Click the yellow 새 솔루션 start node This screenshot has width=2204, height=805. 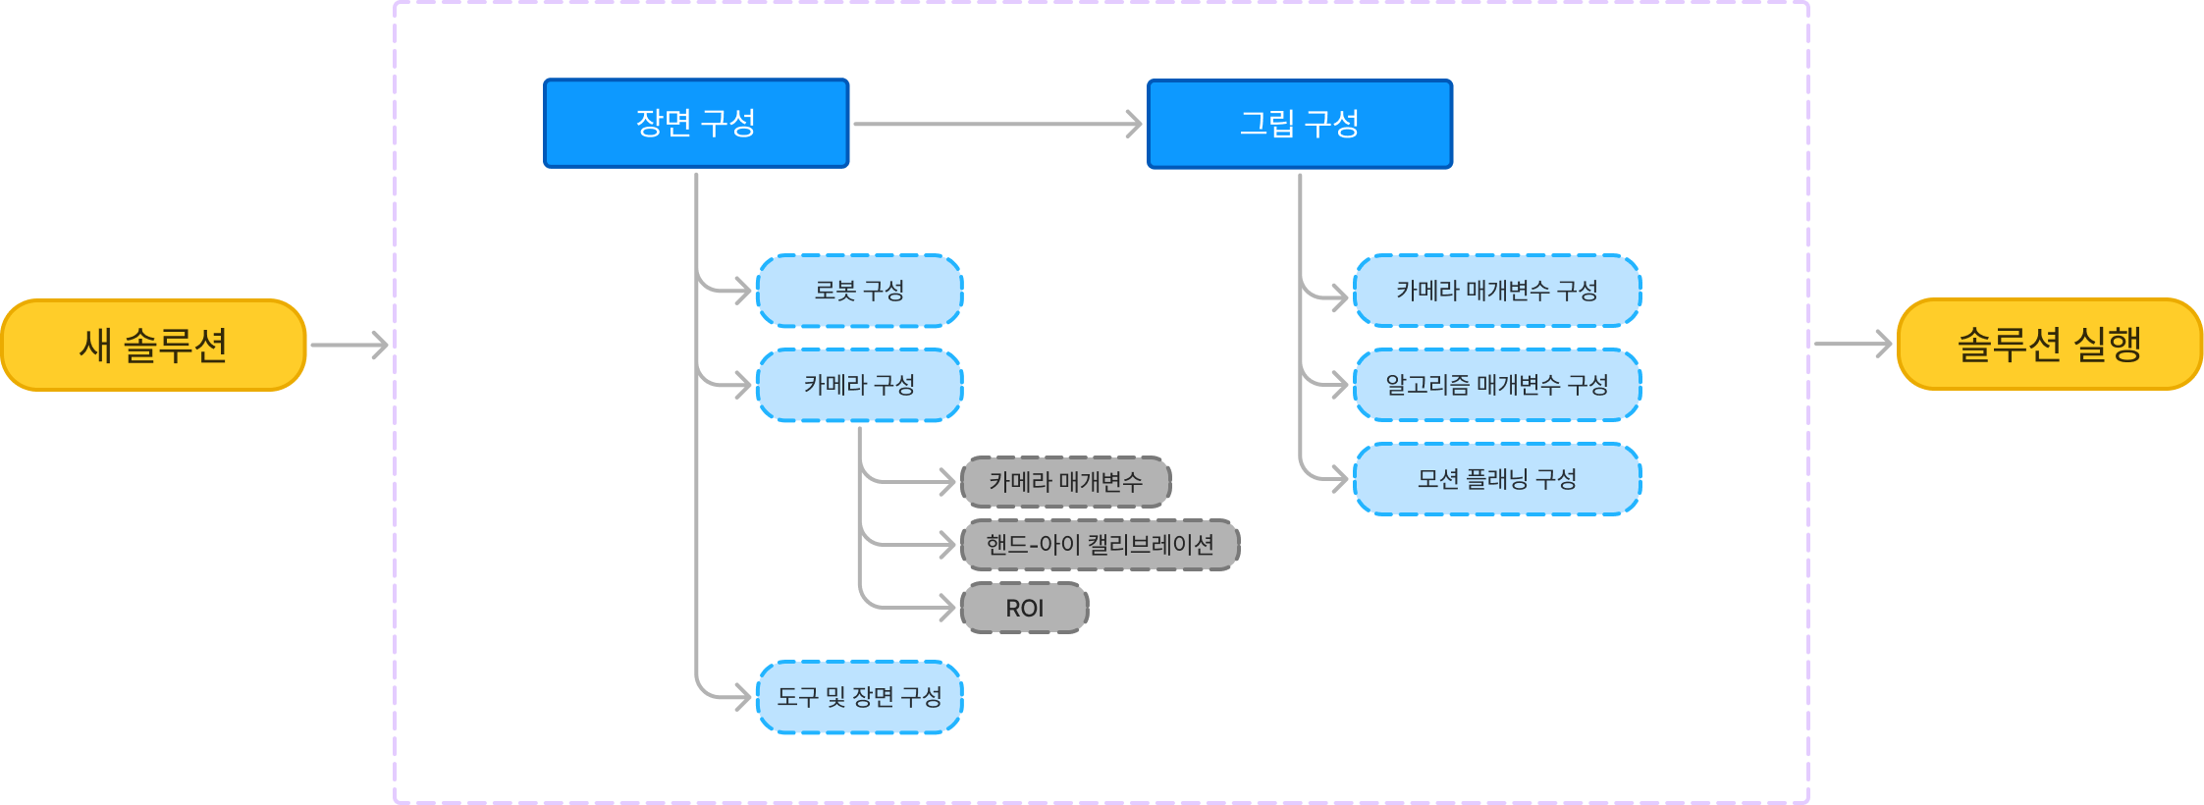point(154,346)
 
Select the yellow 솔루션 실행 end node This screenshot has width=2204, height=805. point(2050,345)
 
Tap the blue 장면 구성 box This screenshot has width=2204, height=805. point(696,124)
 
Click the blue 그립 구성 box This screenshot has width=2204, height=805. point(1300,125)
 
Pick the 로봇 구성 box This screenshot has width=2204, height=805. point(860,291)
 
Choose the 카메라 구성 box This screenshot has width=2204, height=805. point(860,385)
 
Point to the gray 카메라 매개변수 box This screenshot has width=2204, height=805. point(1066,482)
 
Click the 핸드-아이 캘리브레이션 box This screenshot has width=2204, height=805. point(1101,545)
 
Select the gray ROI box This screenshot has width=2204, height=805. point(1025,609)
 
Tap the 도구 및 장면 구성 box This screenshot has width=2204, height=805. point(860,697)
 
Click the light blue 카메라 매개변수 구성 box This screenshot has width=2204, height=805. point(1497,291)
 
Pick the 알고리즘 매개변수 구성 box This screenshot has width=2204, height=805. point(1497,385)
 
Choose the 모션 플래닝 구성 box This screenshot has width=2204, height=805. point(1497,479)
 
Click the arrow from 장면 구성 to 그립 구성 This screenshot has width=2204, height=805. point(996,125)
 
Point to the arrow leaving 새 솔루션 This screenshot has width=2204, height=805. point(349,346)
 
